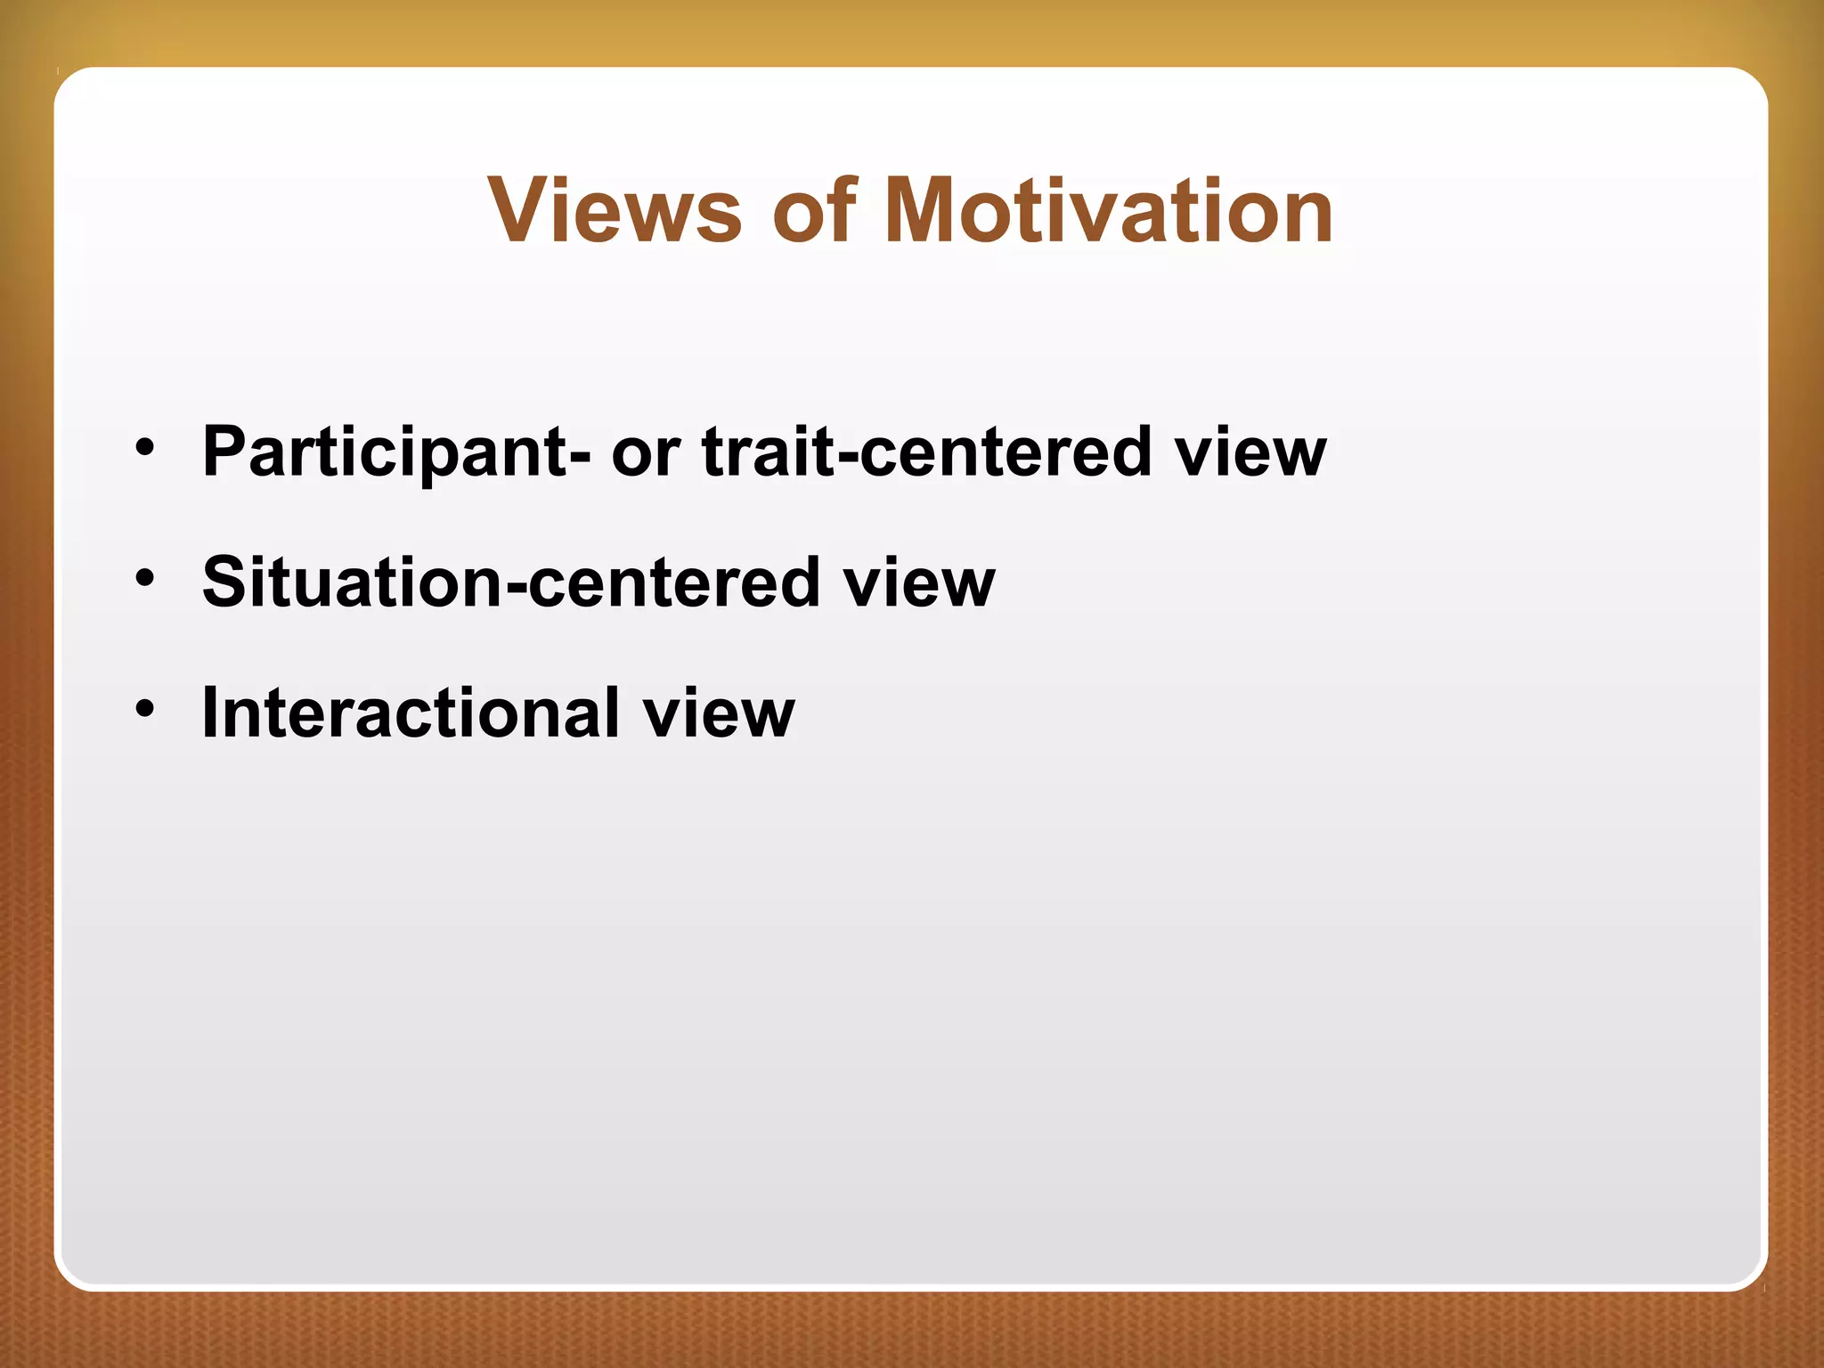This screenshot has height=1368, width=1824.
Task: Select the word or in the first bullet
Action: click(645, 452)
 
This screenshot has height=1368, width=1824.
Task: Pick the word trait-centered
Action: click(926, 452)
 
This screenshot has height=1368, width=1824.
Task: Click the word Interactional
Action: click(411, 712)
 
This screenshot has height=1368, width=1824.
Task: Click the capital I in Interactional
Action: click(210, 712)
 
